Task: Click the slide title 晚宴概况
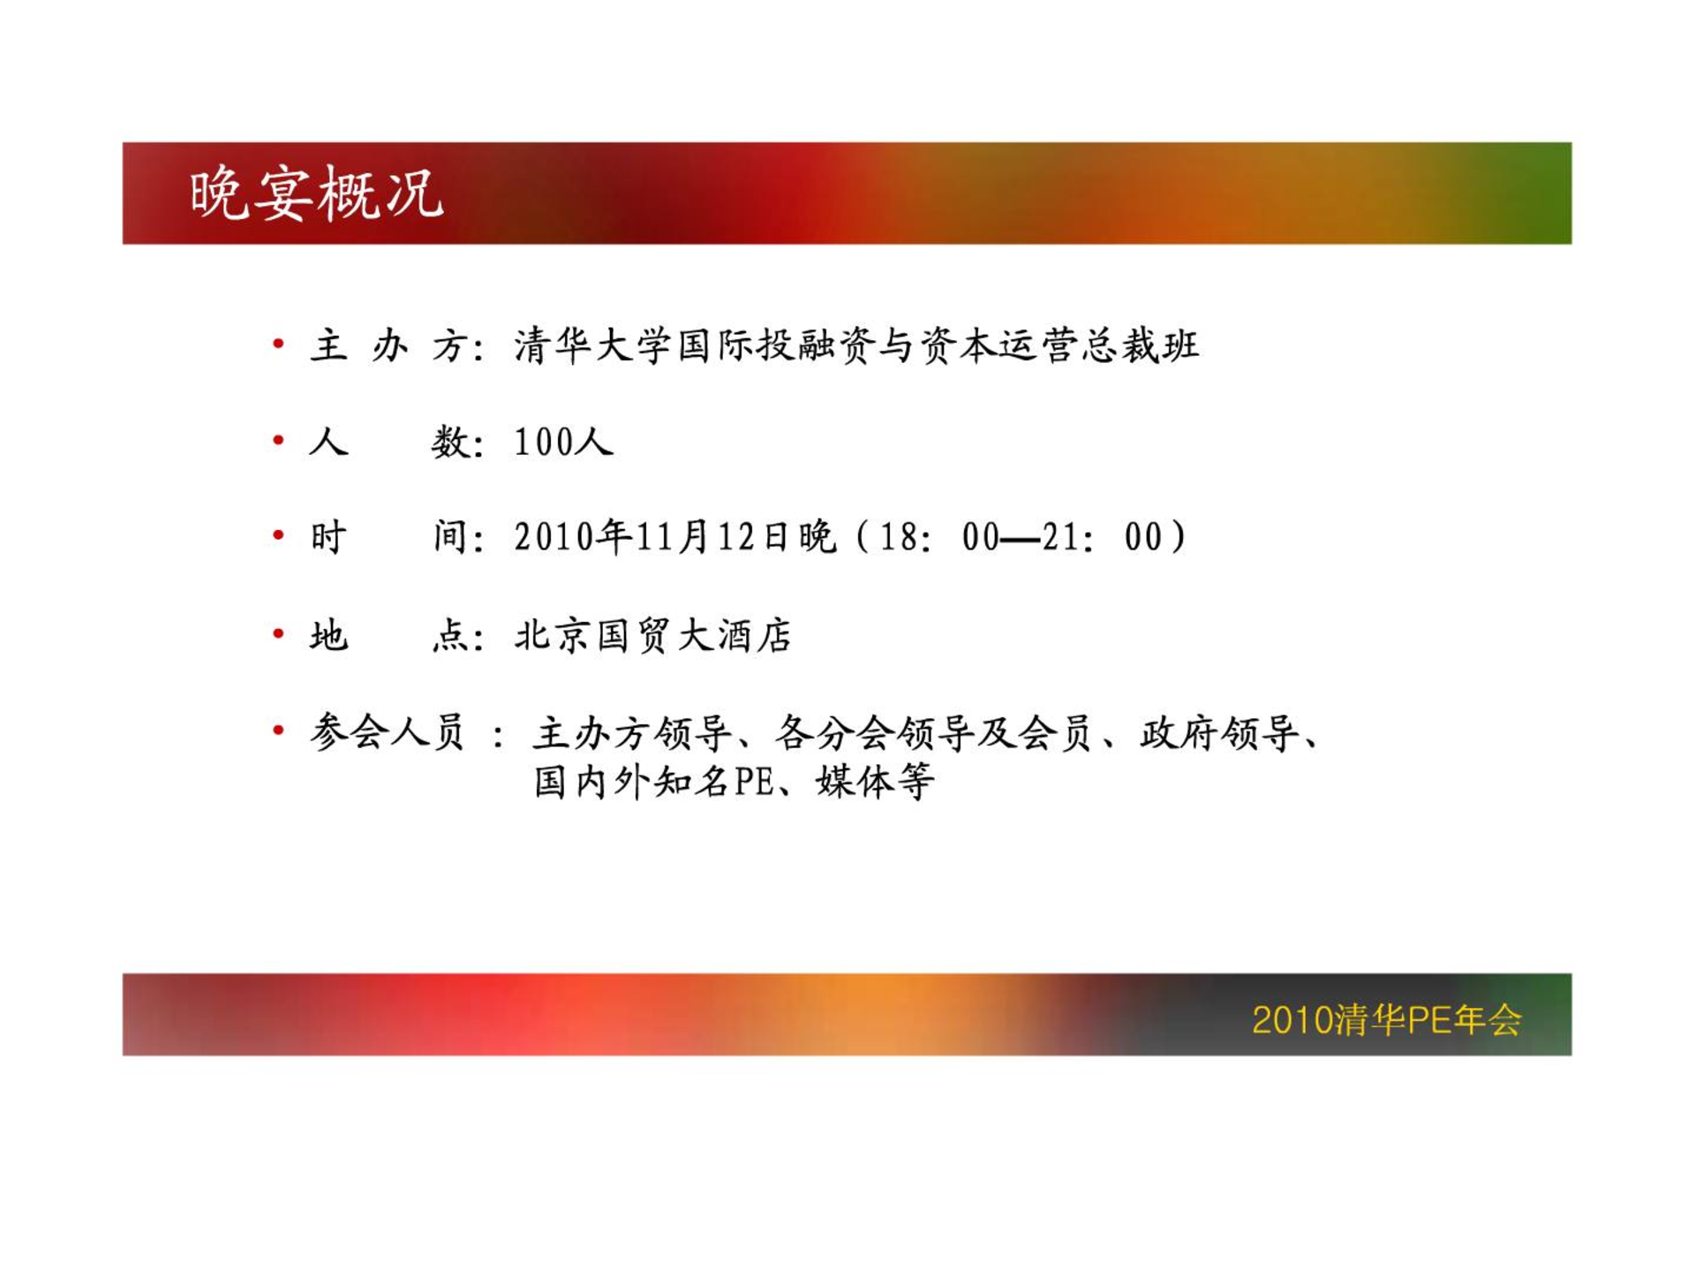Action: (316, 193)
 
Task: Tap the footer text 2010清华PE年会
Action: (1387, 1019)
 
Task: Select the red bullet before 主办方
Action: (278, 343)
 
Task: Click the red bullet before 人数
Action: (278, 439)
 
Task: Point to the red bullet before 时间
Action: (278, 534)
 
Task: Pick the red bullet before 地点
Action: (278, 632)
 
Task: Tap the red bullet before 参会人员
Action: (278, 730)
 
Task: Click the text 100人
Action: (563, 441)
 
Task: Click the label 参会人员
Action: (387, 732)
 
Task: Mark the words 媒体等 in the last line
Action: (875, 782)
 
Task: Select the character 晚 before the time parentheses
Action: (817, 536)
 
